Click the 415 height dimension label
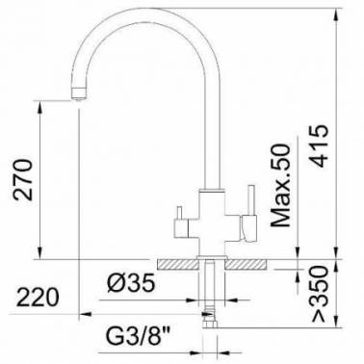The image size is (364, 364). (x=321, y=145)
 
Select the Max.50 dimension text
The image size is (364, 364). (x=280, y=185)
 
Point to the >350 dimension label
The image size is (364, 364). (x=321, y=294)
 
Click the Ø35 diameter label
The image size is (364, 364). (x=131, y=283)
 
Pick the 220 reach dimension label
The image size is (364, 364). (x=38, y=298)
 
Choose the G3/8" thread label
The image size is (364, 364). (x=139, y=336)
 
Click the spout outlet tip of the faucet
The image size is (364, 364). (x=78, y=94)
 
